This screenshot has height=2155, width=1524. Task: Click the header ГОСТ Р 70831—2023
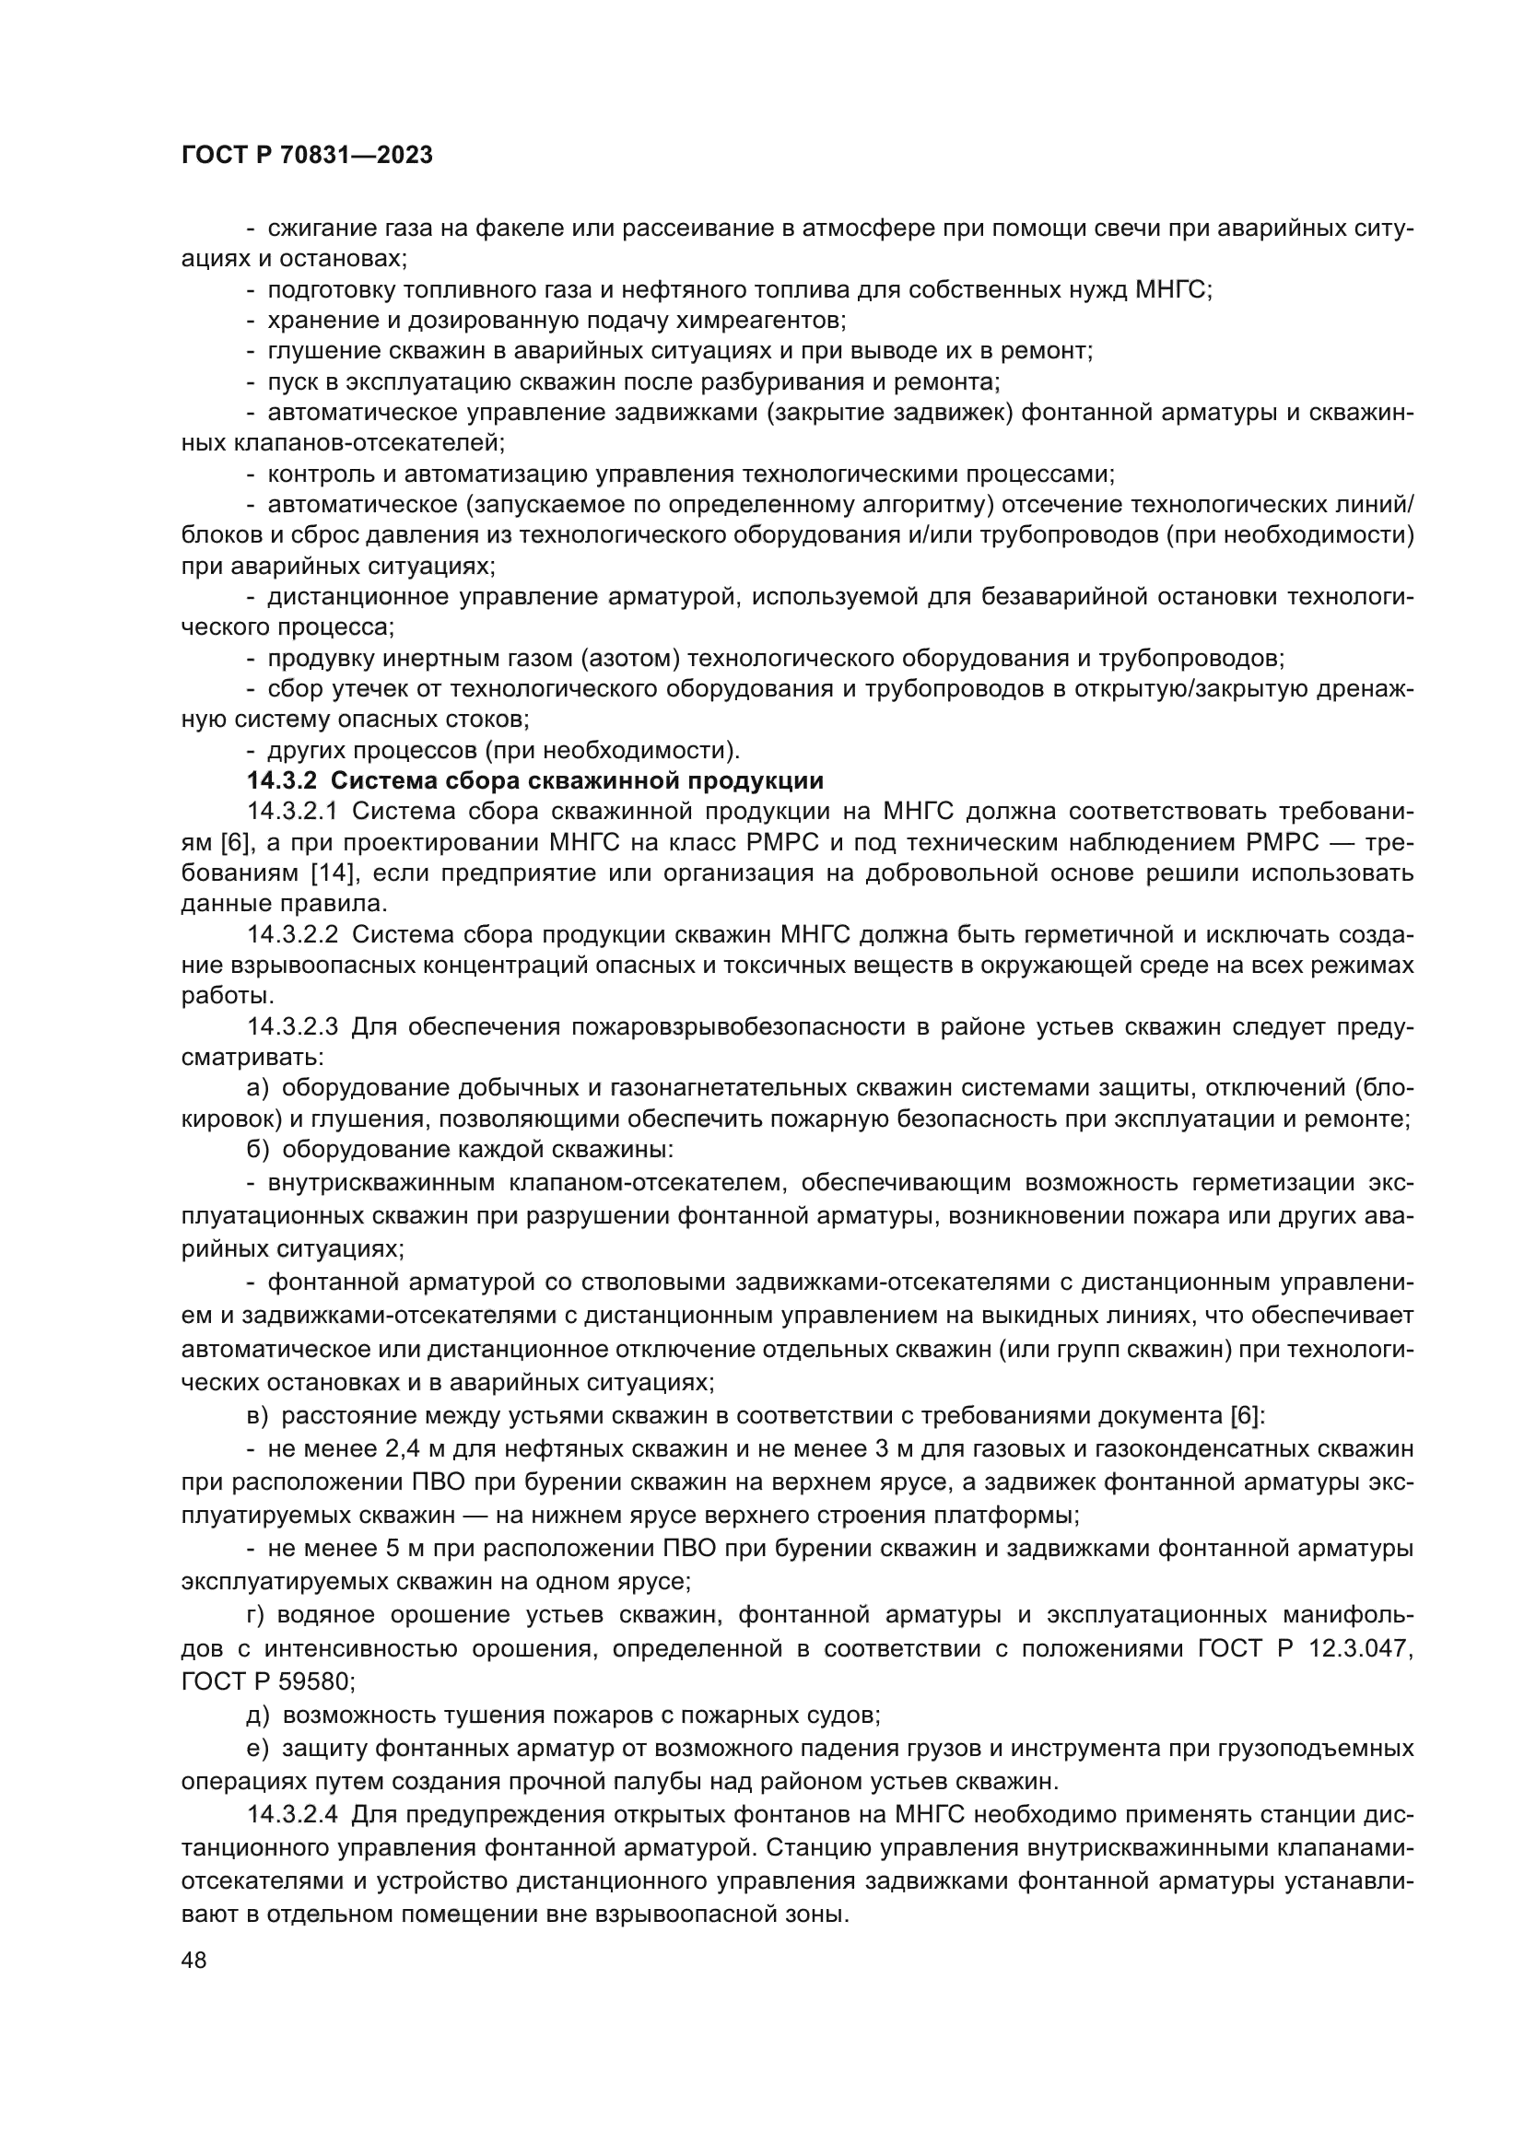(307, 156)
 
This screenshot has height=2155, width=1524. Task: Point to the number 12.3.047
(1360, 1649)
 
